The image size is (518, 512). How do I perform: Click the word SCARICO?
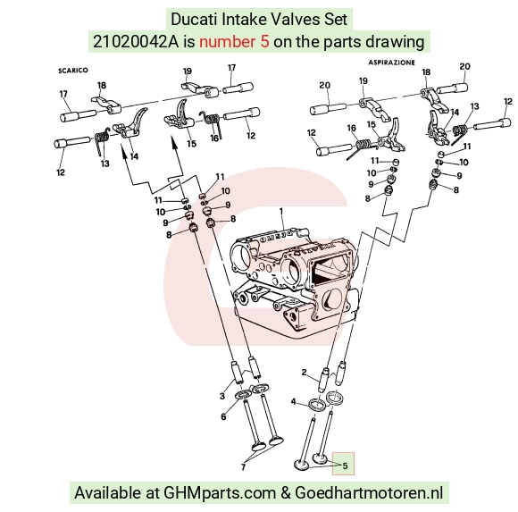point(73,71)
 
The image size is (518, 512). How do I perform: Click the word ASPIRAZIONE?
point(391,63)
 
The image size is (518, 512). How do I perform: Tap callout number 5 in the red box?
point(345,466)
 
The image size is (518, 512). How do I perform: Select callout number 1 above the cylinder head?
point(281,211)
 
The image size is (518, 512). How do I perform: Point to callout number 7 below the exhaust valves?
point(243,467)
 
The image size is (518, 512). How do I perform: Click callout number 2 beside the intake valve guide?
point(304,373)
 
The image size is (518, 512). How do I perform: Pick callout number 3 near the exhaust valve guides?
point(222,396)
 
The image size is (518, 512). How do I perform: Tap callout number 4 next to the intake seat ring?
point(293,401)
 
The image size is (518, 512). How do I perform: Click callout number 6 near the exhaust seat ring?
point(223,416)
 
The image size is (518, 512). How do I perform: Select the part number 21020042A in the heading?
point(136,42)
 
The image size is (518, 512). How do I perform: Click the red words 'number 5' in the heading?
point(234,42)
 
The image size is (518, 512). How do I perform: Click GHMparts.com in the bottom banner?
point(220,493)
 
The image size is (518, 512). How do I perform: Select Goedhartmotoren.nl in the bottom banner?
point(369,493)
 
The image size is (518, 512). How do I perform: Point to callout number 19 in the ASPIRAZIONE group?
point(363,81)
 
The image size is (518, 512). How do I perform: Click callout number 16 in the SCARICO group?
point(214,138)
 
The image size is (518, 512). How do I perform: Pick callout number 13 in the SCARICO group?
point(104,164)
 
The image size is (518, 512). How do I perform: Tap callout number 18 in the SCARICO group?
point(102,85)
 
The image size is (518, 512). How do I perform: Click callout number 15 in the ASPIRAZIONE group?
point(372,124)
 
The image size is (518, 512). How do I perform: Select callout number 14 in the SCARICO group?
point(134,156)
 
